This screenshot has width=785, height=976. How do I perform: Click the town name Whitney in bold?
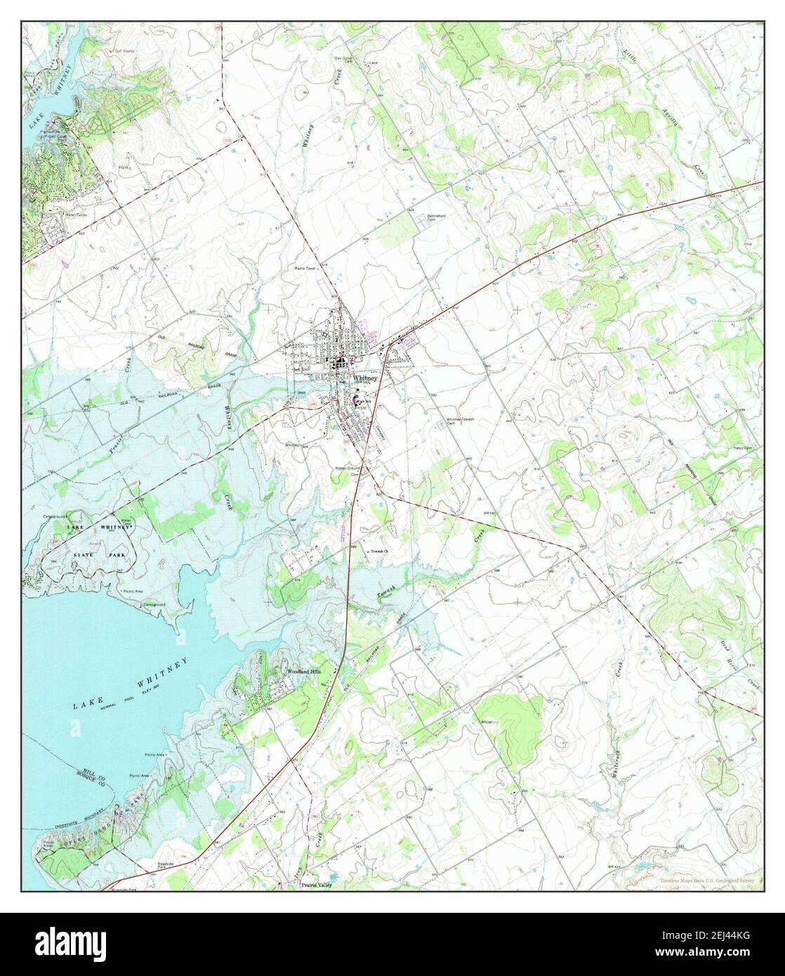(x=366, y=378)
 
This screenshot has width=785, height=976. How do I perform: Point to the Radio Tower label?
(x=306, y=268)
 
